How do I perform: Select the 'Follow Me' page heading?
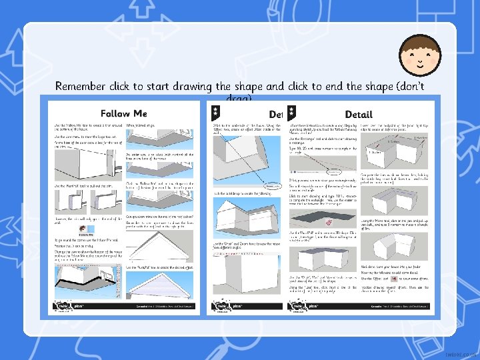(x=123, y=115)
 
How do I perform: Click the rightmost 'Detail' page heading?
(x=358, y=115)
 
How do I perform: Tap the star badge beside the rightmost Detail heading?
(x=292, y=114)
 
